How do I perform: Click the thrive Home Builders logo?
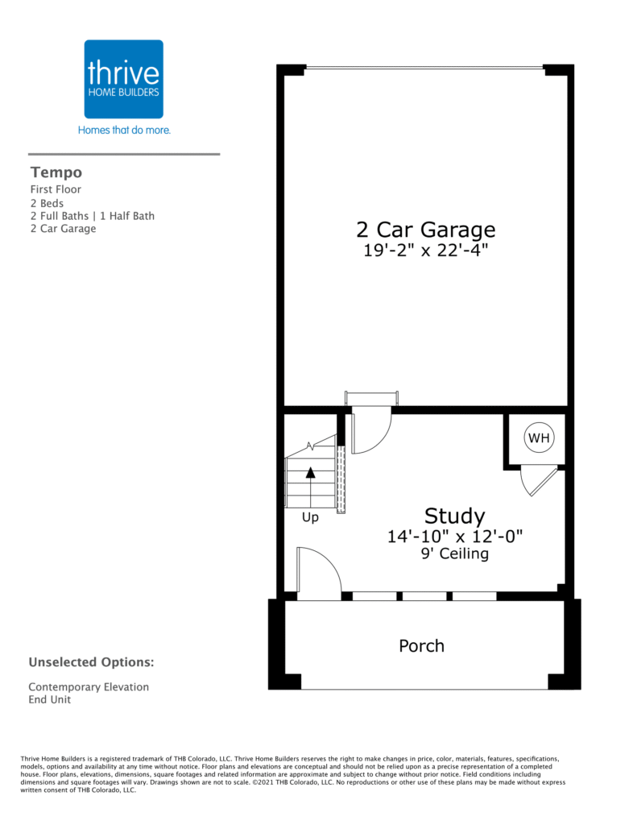tap(123, 79)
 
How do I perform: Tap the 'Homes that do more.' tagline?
tap(124, 130)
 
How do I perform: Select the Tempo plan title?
tap(56, 172)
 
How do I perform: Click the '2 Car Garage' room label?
tap(425, 230)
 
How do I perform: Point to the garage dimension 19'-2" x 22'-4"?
tap(425, 250)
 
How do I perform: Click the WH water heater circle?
tap(540, 437)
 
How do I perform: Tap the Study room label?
tap(454, 516)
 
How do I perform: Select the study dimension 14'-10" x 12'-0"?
tap(455, 537)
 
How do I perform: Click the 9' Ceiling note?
tap(455, 553)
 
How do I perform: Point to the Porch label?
tap(421, 645)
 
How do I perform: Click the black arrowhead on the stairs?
tap(310, 472)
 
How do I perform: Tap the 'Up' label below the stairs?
tap(310, 518)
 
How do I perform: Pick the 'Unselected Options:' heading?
tap(92, 662)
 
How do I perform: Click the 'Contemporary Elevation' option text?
tap(89, 687)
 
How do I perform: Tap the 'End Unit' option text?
tap(50, 700)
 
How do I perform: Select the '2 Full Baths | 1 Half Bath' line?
tap(93, 216)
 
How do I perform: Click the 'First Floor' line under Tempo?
tap(56, 189)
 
